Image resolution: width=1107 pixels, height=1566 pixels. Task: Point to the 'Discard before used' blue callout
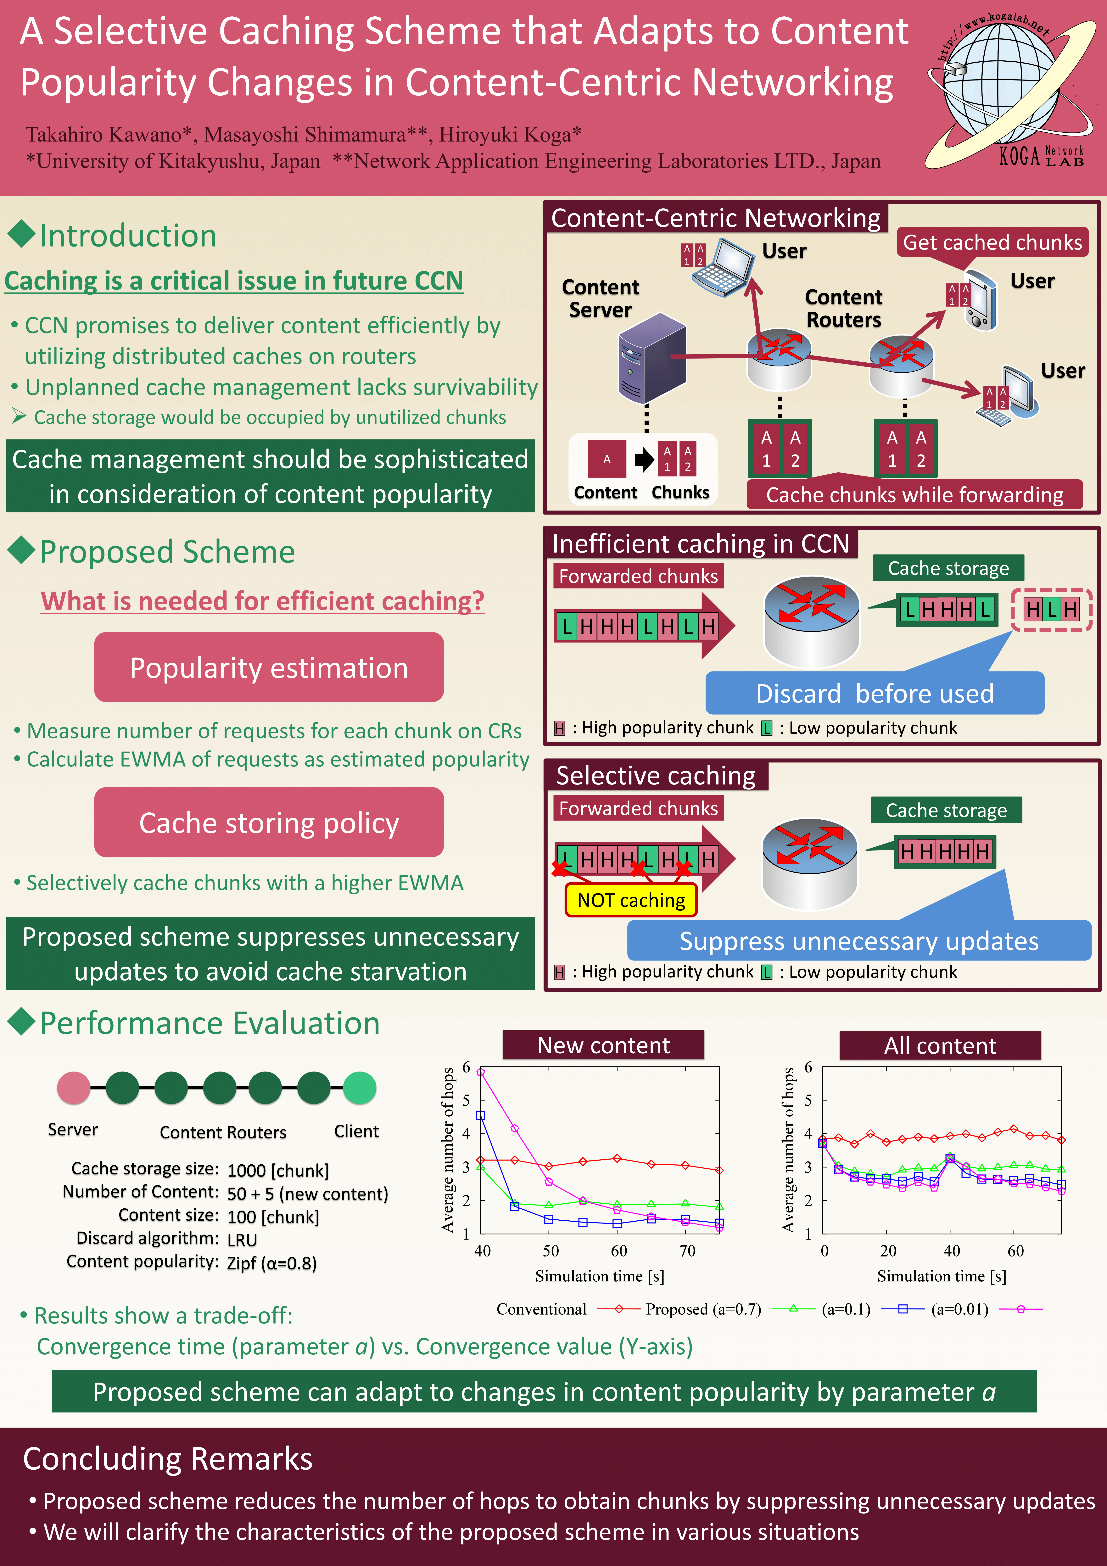(874, 693)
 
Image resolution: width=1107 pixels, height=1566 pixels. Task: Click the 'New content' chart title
(603, 1045)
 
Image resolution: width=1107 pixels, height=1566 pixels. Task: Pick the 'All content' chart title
(940, 1045)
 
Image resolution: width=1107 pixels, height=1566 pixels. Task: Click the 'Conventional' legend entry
(542, 1309)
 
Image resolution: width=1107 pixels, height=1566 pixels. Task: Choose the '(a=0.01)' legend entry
(960, 1309)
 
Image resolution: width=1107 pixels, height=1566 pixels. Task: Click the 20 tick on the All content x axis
(888, 1250)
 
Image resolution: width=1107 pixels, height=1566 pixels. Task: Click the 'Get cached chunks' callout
(992, 242)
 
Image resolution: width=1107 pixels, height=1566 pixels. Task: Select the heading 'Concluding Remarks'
(168, 1459)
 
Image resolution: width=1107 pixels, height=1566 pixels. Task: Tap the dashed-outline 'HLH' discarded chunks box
(1051, 609)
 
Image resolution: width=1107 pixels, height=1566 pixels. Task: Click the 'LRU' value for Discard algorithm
(242, 1239)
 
